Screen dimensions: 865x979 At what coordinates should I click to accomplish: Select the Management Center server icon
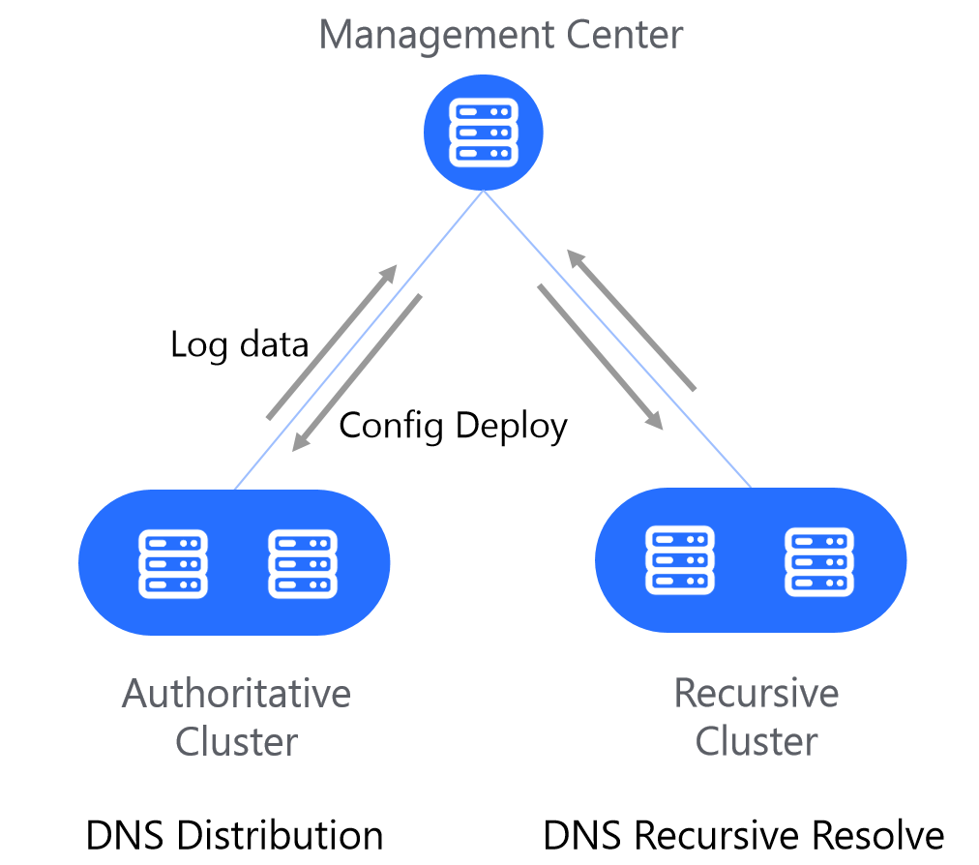[x=484, y=133]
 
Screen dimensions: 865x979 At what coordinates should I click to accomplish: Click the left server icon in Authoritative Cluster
[x=173, y=562]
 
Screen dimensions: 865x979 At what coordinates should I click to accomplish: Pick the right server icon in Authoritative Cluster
[x=303, y=562]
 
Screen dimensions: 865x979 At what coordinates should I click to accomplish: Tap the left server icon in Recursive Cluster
[x=680, y=560]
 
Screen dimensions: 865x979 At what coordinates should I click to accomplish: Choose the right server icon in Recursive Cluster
[x=818, y=560]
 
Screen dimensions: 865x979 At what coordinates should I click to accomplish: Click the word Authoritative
[x=236, y=694]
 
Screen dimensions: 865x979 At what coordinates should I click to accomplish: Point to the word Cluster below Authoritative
[x=236, y=742]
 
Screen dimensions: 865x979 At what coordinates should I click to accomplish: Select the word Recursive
[x=756, y=694]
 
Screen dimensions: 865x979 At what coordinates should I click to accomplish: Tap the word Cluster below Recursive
[x=756, y=742]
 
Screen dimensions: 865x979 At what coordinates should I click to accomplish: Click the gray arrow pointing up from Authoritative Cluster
[x=332, y=342]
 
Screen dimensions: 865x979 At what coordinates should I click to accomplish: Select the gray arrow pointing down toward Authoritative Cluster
[x=357, y=373]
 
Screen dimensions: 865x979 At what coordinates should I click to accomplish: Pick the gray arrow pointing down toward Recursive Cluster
[x=600, y=357]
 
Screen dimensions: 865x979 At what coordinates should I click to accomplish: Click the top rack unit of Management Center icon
[x=484, y=112]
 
